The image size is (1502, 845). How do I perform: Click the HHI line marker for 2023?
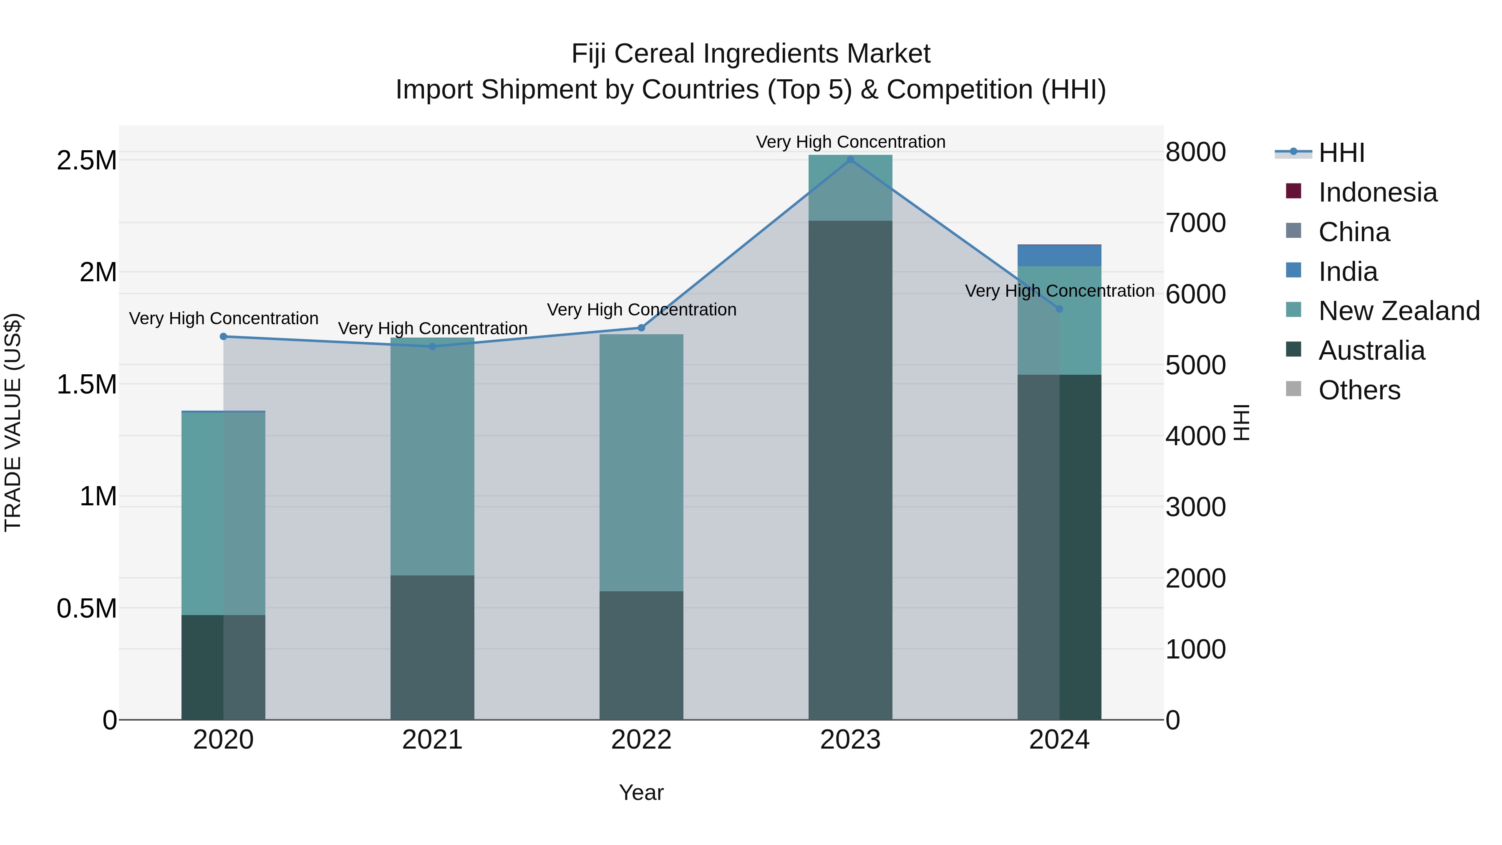[x=850, y=160]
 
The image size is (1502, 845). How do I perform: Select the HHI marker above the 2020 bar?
[x=223, y=336]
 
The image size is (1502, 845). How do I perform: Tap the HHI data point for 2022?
[x=641, y=328]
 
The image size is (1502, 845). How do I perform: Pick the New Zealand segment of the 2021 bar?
[x=432, y=457]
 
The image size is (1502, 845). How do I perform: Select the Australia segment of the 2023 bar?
[x=850, y=470]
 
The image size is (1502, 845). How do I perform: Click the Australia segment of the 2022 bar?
[x=641, y=656]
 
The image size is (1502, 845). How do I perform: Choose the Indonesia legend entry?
[x=1377, y=192]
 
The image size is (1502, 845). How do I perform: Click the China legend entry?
[x=1353, y=232]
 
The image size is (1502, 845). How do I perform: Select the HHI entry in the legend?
[x=1341, y=153]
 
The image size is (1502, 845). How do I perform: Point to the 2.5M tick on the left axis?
[x=87, y=160]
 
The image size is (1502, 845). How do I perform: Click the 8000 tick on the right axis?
[x=1195, y=152]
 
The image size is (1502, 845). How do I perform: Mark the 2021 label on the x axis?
[x=432, y=740]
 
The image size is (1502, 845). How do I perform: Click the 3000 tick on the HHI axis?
[x=1195, y=507]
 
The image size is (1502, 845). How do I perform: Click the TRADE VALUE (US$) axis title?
[x=13, y=422]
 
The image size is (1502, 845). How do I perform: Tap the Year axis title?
[x=641, y=792]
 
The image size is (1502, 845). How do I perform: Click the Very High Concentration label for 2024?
[x=1059, y=290]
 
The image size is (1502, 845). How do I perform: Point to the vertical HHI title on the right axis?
[x=1242, y=422]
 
